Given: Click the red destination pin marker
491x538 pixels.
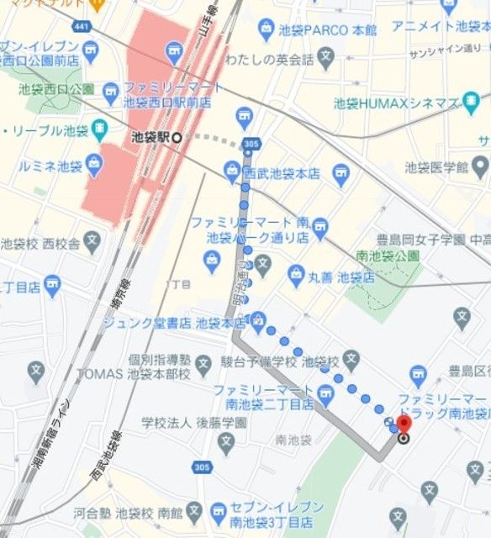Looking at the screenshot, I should [x=404, y=422].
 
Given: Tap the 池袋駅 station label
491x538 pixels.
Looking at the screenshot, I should [x=150, y=136].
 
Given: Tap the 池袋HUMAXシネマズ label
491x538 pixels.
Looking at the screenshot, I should [x=395, y=103].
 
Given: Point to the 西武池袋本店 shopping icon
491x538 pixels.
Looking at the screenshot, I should [x=232, y=172].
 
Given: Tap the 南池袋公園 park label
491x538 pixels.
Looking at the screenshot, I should [x=388, y=255].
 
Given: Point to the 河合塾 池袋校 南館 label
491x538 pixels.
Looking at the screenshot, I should [x=127, y=511].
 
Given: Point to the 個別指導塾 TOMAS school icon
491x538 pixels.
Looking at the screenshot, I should [x=203, y=364].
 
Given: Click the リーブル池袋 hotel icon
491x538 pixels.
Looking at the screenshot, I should [x=100, y=130].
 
